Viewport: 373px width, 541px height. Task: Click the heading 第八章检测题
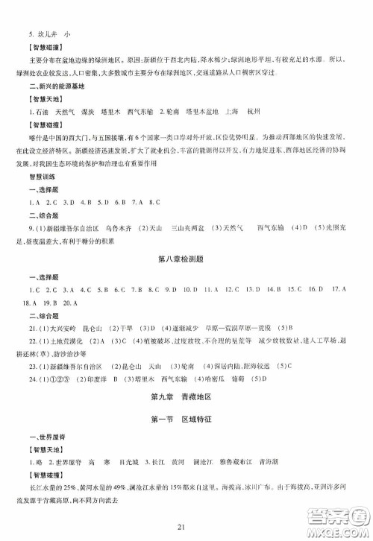[x=186, y=259]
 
